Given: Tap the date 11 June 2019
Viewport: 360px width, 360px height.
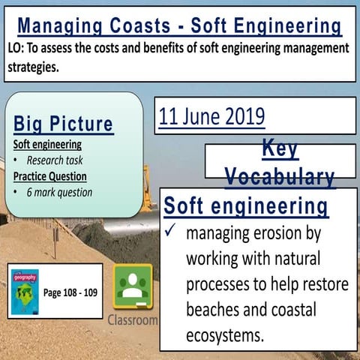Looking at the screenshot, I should pyautogui.click(x=211, y=116).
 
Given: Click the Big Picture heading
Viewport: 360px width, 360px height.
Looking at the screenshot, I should pyautogui.click(x=63, y=124).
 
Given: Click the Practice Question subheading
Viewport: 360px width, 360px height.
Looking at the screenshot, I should pyautogui.click(x=49, y=176).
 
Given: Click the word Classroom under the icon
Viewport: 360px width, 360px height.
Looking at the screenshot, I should pyautogui.click(x=133, y=319).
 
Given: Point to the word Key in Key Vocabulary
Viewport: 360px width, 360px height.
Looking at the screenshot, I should pyautogui.click(x=280, y=148).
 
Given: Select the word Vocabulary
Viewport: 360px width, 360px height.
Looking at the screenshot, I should pyautogui.click(x=280, y=177).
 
